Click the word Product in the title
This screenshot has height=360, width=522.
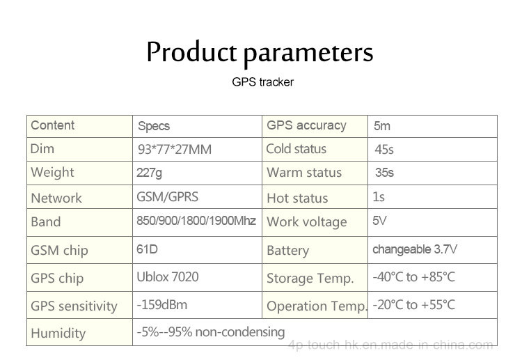click(x=192, y=52)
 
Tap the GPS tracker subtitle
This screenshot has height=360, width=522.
click(x=262, y=82)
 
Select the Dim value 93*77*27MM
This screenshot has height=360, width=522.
click(x=175, y=150)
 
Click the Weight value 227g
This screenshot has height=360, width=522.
click(x=149, y=173)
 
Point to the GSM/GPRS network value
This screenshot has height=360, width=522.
click(x=168, y=197)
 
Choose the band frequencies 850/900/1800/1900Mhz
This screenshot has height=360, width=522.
click(x=196, y=221)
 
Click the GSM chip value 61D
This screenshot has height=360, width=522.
click(x=147, y=249)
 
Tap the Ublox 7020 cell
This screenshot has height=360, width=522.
click(x=168, y=276)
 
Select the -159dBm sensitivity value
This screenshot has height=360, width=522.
click(x=161, y=305)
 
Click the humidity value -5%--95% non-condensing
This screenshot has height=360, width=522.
click(x=211, y=332)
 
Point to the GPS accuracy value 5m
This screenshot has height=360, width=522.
click(x=382, y=126)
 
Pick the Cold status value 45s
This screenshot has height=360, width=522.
click(x=383, y=150)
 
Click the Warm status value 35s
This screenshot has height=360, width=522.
click(x=384, y=173)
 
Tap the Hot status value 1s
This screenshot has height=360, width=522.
click(x=379, y=197)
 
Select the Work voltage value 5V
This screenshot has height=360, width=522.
click(x=379, y=221)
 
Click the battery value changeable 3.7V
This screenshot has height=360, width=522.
click(x=415, y=249)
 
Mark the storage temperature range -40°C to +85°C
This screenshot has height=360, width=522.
click(x=414, y=277)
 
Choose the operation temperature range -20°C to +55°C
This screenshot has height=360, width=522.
click(x=414, y=305)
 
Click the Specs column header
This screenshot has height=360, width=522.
click(x=154, y=126)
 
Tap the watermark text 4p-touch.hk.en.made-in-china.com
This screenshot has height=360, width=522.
click(x=390, y=345)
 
